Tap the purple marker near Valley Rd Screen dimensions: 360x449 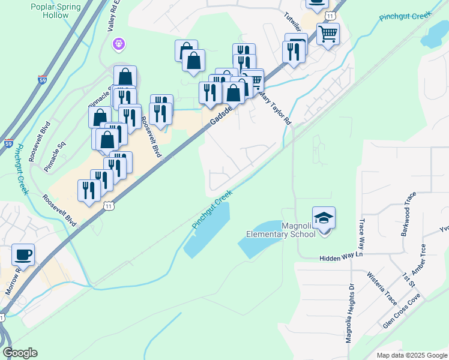(x=119, y=43)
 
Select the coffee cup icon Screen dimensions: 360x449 (x=23, y=254)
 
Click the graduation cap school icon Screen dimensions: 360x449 (x=324, y=218)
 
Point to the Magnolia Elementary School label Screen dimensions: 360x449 (x=281, y=229)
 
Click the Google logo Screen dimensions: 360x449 (x=20, y=353)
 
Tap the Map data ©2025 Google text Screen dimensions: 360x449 (x=411, y=355)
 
